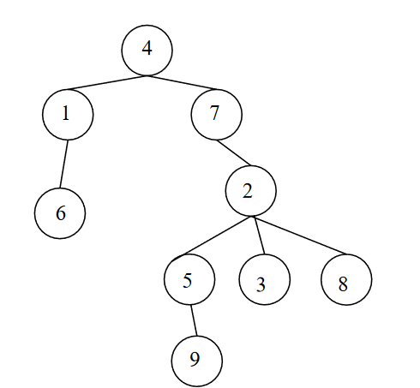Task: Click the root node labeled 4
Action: [x=147, y=51]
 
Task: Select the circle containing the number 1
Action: [x=68, y=115]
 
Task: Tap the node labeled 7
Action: [x=217, y=115]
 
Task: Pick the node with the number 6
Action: [x=60, y=213]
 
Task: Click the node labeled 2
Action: [x=251, y=191]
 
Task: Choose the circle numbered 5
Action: [x=189, y=279]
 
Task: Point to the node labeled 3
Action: [x=265, y=279]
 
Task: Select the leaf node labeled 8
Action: [x=346, y=279]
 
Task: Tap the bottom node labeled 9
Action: [x=197, y=361]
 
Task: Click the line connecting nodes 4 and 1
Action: [x=106, y=82]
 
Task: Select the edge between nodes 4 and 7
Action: [x=182, y=83]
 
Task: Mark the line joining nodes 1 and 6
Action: [x=64, y=164]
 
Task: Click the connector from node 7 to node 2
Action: [x=233, y=152]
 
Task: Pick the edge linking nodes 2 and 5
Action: [x=218, y=236]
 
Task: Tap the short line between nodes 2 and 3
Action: [x=260, y=236]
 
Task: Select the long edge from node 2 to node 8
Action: [x=300, y=236]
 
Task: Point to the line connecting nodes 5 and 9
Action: [x=194, y=320]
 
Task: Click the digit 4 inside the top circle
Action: [x=147, y=48]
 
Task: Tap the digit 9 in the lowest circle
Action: [x=195, y=359]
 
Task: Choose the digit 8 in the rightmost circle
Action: [x=343, y=284]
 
